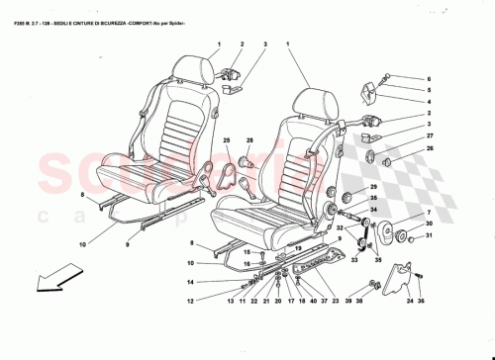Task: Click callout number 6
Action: pos(430,78)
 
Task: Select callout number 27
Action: pos(430,136)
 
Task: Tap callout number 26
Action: pos(430,148)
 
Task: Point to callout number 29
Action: pos(374,187)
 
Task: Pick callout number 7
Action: pos(430,214)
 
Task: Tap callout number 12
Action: pos(191,300)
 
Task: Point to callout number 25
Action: pos(226,142)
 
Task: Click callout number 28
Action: pos(250,142)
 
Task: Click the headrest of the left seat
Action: pos(191,67)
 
